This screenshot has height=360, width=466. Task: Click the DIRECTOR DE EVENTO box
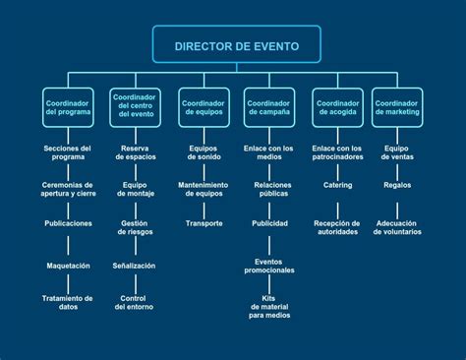237,44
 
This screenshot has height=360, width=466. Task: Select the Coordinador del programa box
68,107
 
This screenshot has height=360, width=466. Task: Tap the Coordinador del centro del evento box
135,107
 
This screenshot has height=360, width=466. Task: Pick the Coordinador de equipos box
204,107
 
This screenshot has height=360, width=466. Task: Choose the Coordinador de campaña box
269,107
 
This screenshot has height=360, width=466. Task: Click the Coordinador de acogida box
337,107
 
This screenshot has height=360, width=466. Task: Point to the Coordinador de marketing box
397,107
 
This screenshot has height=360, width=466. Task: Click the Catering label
337,185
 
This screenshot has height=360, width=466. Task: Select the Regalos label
397,185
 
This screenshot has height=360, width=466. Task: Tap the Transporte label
204,223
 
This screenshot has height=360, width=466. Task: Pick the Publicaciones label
68,223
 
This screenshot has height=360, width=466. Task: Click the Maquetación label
68,266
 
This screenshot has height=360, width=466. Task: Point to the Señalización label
134,266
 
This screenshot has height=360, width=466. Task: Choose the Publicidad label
269,223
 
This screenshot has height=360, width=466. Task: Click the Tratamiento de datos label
68,303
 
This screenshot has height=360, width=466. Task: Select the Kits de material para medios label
269,307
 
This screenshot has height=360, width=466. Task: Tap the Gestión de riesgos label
135,227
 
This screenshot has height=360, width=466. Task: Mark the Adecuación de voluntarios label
397,227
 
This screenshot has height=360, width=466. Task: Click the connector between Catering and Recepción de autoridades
337,210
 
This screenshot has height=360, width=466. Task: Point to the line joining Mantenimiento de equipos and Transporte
204,210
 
